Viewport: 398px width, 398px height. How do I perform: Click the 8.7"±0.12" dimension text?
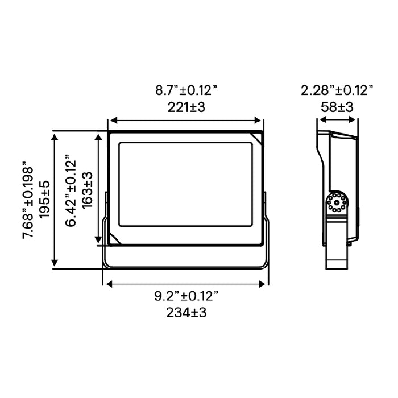click(186, 90)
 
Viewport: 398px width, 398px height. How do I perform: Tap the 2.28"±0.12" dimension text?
click(337, 90)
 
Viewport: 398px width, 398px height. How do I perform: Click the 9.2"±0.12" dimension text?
click(186, 296)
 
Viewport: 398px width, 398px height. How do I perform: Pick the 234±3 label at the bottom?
click(186, 312)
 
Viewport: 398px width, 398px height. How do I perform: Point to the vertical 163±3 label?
click(88, 188)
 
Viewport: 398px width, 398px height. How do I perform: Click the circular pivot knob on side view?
click(338, 203)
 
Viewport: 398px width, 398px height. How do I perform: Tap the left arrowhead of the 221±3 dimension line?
click(112, 121)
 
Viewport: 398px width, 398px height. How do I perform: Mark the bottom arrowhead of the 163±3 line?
click(101, 241)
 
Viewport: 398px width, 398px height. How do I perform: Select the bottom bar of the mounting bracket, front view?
click(185, 266)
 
